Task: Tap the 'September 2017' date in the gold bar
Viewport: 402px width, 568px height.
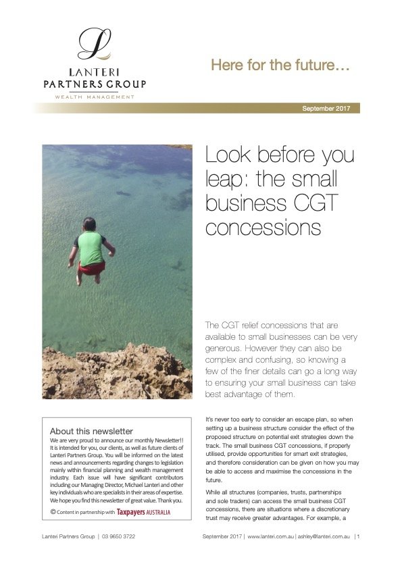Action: (x=329, y=108)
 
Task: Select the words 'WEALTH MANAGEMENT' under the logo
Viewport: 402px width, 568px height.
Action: (x=94, y=97)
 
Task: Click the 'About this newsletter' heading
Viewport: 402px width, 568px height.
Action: (x=91, y=432)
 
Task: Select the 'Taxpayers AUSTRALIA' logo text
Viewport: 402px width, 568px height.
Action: (x=143, y=512)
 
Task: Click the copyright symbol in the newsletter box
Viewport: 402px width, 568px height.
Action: (x=53, y=512)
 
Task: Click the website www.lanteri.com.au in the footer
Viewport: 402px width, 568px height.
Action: (x=270, y=537)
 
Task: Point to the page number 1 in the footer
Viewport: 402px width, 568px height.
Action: (x=358, y=537)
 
